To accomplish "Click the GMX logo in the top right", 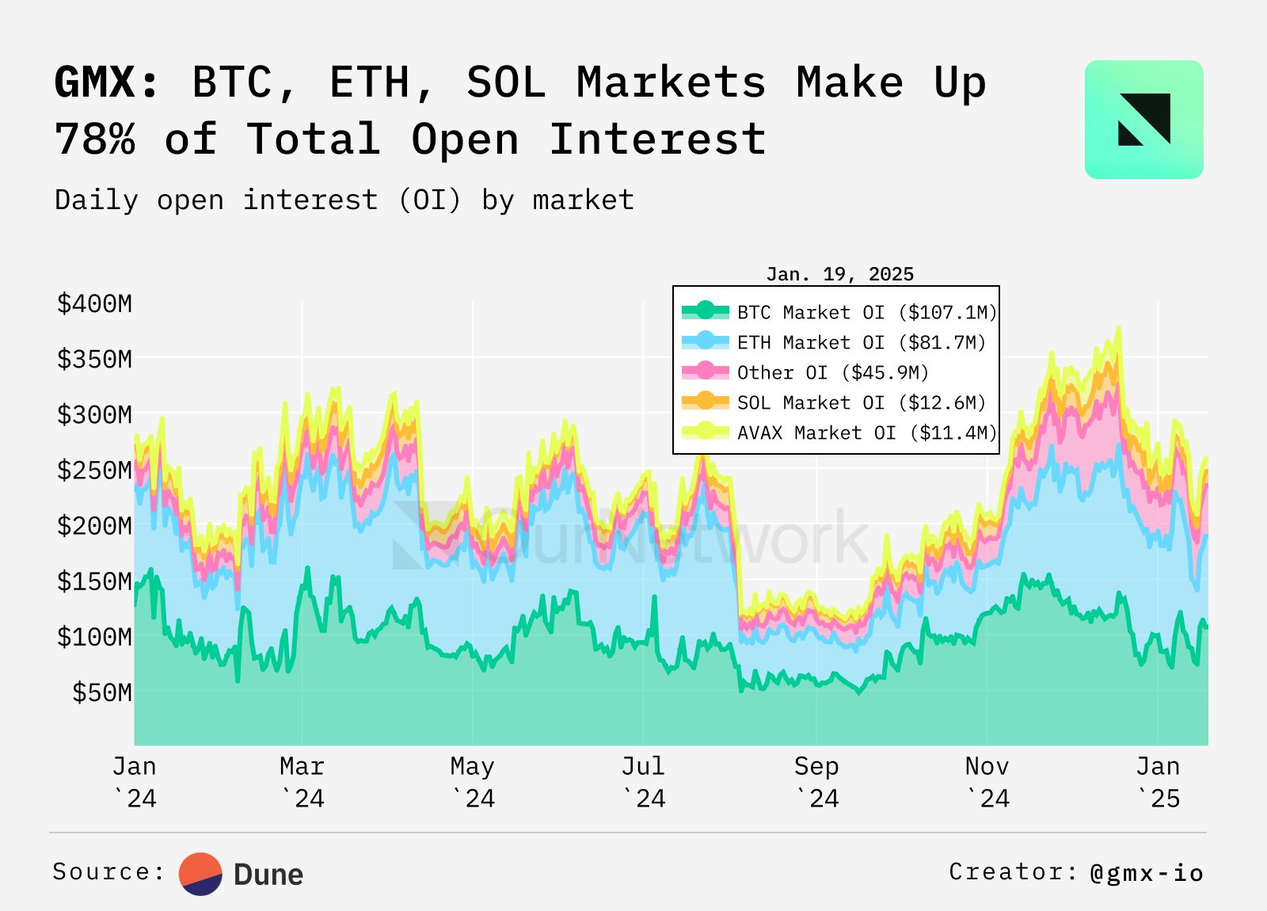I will click(x=1143, y=120).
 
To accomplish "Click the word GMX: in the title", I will click(x=107, y=82).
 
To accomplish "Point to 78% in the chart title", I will click(x=95, y=139).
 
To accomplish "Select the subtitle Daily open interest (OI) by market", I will click(x=344, y=200).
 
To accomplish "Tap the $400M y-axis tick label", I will click(x=94, y=303).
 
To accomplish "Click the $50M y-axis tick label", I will click(x=102, y=692).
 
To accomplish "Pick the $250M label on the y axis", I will click(x=94, y=470).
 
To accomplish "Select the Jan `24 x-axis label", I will click(x=135, y=782).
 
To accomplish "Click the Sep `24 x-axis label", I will click(x=816, y=782).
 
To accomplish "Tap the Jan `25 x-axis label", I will click(x=1158, y=782).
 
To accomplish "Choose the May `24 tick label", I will click(x=473, y=782).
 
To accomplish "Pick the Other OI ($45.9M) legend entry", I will click(x=832, y=372).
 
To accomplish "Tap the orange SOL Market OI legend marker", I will click(x=705, y=402).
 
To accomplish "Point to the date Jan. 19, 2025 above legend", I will click(x=839, y=274).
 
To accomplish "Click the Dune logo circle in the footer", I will click(x=200, y=874).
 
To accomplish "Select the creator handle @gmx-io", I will click(x=1147, y=872).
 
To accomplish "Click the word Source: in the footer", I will click(x=108, y=871).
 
